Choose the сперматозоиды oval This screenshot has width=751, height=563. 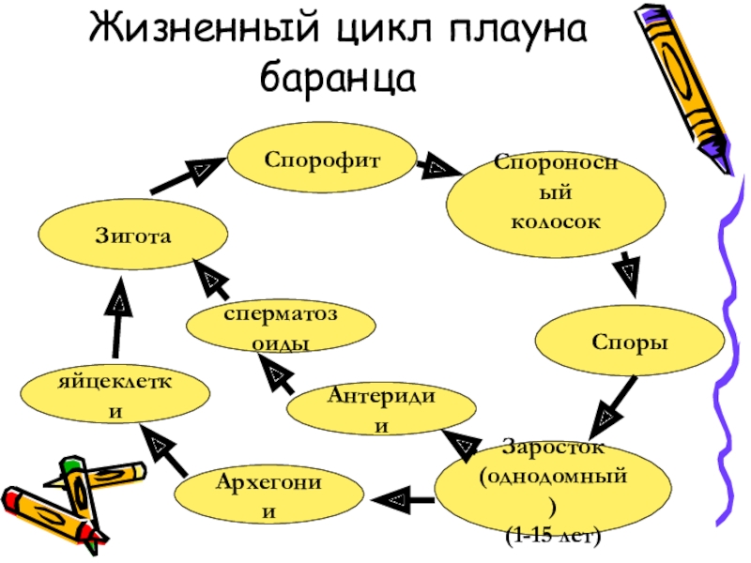pos(281,327)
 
